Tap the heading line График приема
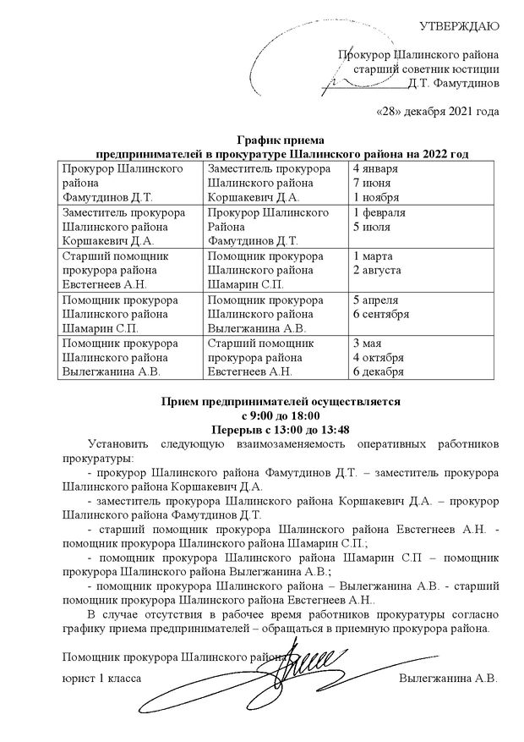coord(280,140)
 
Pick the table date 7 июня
coord(374,184)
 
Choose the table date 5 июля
coord(373,227)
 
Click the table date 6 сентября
coord(382,314)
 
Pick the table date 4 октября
coord(379,357)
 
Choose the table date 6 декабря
coord(379,371)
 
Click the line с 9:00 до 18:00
coord(280,415)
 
